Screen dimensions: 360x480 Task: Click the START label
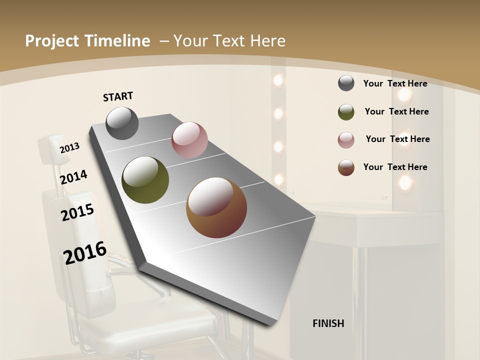coord(118,96)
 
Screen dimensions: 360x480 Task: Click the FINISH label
coord(328,323)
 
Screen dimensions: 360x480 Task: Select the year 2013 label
coord(69,148)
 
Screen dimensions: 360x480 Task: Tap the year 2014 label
coord(73,177)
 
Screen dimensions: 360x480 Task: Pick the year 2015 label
coord(77,212)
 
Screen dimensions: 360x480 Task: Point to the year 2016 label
coord(85,253)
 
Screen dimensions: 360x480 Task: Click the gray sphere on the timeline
coord(122,123)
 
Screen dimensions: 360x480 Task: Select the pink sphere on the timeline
coord(189,140)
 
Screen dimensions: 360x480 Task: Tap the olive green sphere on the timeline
coord(145,180)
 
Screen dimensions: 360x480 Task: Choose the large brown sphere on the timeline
coord(216,207)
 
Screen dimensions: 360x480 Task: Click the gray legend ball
coord(346,83)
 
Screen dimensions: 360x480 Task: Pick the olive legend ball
coord(346,112)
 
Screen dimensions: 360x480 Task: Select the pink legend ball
coord(346,140)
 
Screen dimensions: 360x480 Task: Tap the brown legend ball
coord(346,167)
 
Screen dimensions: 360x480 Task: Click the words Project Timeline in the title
coord(87,41)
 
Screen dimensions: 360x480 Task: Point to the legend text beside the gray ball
coord(395,83)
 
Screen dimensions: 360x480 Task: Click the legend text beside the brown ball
coord(395,167)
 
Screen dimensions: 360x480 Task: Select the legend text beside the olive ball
coord(396,111)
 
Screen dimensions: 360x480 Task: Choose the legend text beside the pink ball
coord(397,139)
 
